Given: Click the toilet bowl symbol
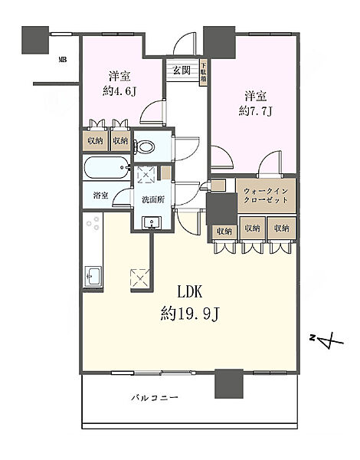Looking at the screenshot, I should tap(144, 146).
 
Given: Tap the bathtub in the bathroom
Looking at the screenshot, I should tap(105, 168).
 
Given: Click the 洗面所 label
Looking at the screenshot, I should tap(153, 200).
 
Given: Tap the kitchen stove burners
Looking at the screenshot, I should tap(93, 225).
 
